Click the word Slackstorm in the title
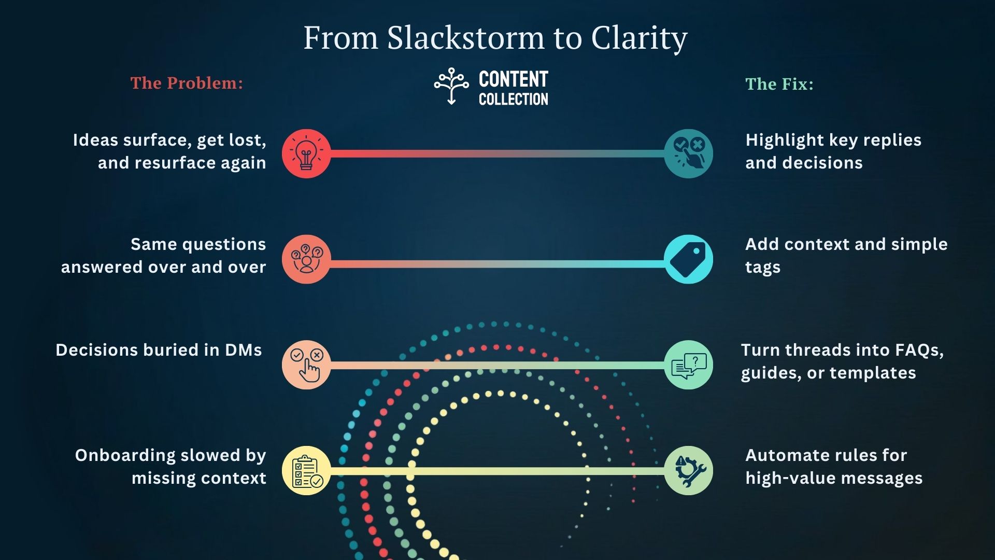[x=465, y=38]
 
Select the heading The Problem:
[x=187, y=83]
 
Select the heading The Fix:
[x=779, y=84]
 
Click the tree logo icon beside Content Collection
[x=451, y=86]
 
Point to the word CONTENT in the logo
[x=513, y=79]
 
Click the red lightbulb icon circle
[x=306, y=153]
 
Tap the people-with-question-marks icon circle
[x=306, y=259]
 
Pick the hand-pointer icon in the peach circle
[x=306, y=365]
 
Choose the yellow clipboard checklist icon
[x=306, y=470]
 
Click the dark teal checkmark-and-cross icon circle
[x=688, y=153]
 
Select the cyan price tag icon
[x=688, y=259]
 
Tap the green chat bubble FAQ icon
[x=688, y=365]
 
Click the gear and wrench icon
[x=688, y=470]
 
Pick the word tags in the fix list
[x=762, y=267]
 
